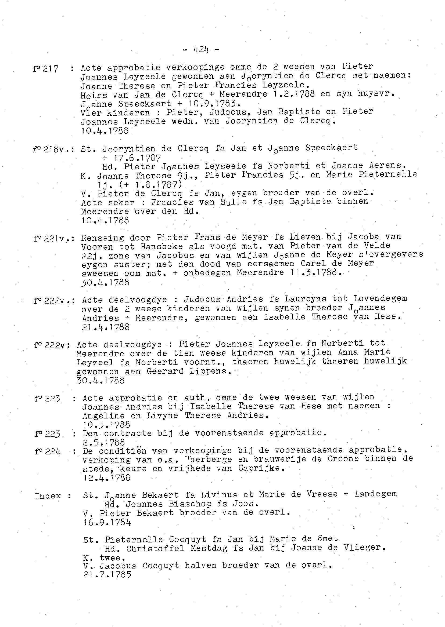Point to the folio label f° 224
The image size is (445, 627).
(48, 451)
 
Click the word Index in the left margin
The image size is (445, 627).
(48, 496)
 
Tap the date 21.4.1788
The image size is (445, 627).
(106, 327)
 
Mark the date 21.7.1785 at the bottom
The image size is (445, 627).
(107, 574)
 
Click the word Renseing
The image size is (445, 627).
(102, 238)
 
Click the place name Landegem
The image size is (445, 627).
(375, 494)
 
